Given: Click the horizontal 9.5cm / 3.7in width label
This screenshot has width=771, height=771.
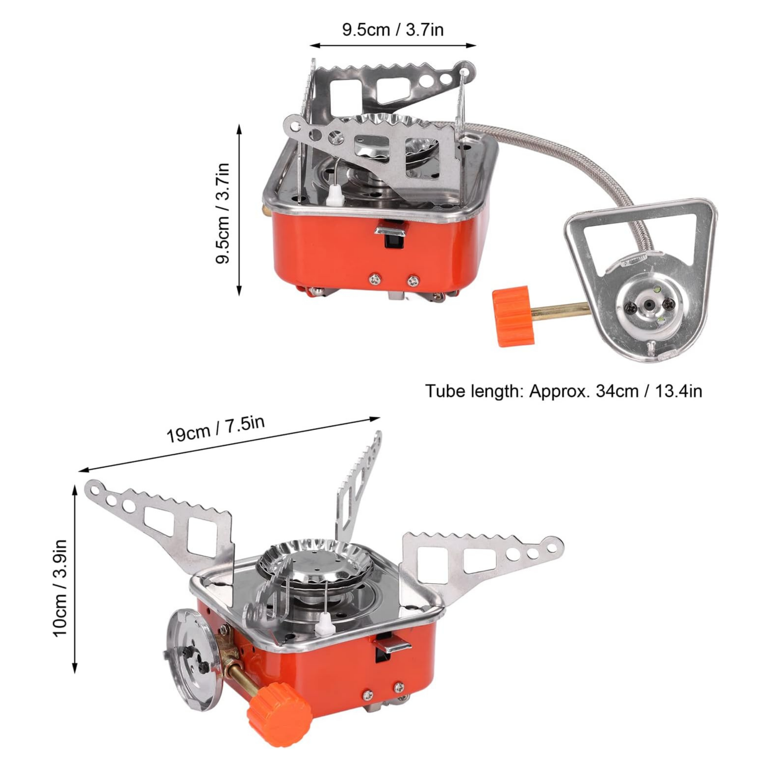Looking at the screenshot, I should coord(393,30).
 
